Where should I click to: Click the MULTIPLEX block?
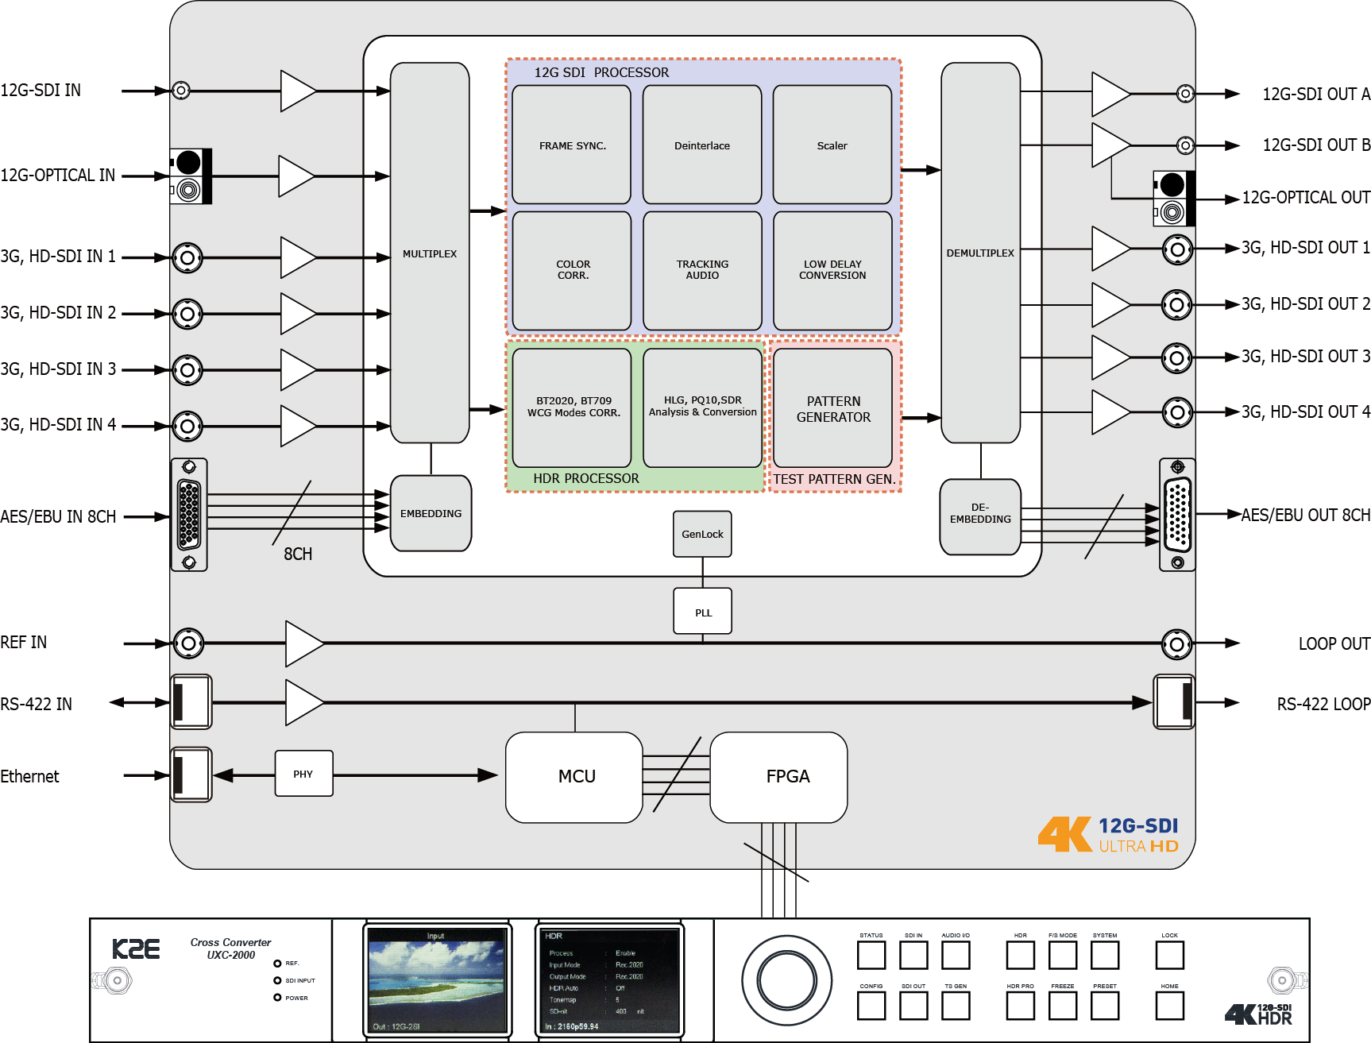430,253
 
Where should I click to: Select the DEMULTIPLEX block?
980,253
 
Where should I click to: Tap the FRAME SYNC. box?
572,145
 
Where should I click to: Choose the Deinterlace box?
702,145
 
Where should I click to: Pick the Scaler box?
832,145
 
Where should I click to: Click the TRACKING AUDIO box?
702,270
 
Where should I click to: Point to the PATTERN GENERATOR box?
832,408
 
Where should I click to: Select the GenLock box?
702,534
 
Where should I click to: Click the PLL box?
702,612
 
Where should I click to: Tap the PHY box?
303,774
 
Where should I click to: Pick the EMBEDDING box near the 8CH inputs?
431,513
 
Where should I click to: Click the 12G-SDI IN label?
41,91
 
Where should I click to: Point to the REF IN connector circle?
188,643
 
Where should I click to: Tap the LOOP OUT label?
1334,643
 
